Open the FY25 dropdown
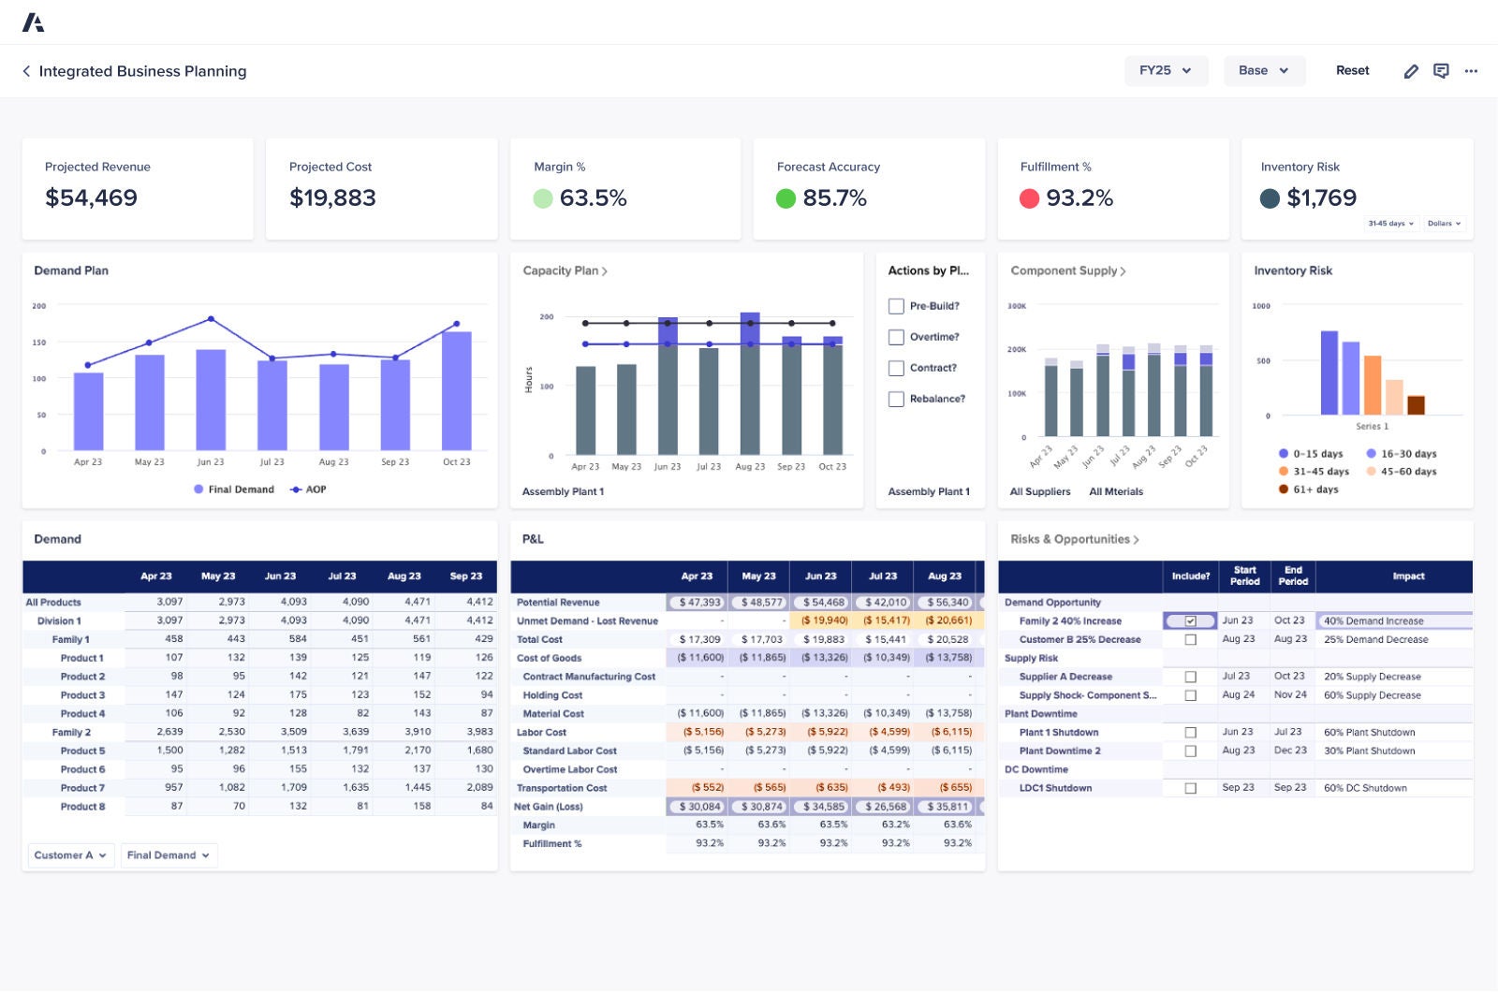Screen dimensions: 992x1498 point(1166,70)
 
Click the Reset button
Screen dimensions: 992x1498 point(1352,70)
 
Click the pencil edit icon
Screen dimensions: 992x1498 point(1411,71)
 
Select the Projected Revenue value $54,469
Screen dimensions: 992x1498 point(91,197)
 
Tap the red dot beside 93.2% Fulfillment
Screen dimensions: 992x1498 point(1029,198)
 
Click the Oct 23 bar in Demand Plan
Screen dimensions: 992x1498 point(457,390)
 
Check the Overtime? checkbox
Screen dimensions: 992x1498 point(896,337)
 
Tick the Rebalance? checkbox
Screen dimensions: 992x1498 point(896,399)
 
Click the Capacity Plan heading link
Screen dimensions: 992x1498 point(565,270)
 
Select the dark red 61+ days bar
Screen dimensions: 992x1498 point(1416,404)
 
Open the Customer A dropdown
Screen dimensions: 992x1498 point(70,855)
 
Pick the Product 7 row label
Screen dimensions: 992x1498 point(82,788)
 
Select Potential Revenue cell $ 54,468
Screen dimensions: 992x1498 point(822,603)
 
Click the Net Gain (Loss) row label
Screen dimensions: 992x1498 point(549,807)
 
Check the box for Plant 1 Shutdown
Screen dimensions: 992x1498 point(1190,733)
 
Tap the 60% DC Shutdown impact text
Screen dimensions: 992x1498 point(1365,788)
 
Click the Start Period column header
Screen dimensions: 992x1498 point(1244,576)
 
